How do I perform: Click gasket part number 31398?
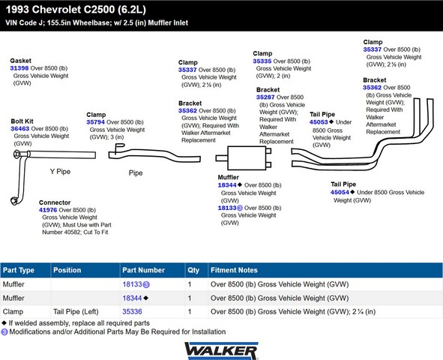point(19,68)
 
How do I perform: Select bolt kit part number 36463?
point(19,128)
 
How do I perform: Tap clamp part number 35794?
point(95,122)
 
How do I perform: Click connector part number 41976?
point(48,210)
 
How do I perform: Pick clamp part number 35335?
point(262,61)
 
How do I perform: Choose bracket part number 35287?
point(265,97)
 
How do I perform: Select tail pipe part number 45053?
point(319,122)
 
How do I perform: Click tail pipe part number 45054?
point(340,192)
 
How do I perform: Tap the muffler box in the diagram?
point(247,158)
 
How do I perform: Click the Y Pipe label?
point(60,172)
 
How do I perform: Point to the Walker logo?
point(221,351)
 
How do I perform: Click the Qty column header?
point(193,270)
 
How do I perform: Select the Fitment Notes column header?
point(234,270)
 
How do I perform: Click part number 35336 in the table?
point(132,312)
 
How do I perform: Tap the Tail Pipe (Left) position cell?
point(76,312)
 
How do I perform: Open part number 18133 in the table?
point(132,284)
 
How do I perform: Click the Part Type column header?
point(19,270)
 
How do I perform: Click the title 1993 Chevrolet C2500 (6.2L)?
point(76,10)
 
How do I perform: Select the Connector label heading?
point(55,202)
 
